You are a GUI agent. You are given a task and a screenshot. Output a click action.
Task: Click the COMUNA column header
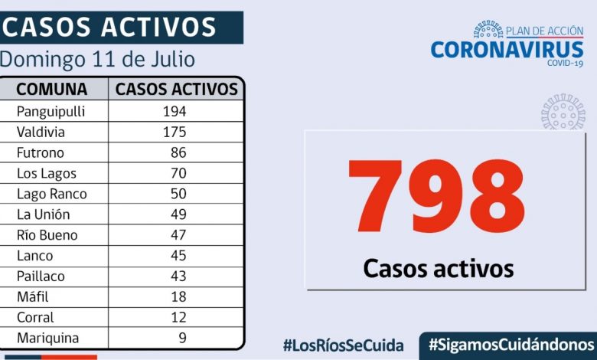(52, 89)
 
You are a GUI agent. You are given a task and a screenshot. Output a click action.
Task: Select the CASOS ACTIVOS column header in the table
(177, 89)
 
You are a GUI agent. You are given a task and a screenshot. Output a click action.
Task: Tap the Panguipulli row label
(51, 111)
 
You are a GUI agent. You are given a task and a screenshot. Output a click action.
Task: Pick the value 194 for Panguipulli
(174, 111)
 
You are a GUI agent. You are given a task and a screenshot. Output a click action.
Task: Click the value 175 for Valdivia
(174, 132)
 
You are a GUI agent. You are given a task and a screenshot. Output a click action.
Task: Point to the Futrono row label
(41, 152)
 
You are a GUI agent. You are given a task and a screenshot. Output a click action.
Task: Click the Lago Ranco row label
(51, 194)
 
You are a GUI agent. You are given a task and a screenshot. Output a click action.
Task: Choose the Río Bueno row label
(47, 235)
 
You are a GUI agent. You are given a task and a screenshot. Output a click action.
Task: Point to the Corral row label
(35, 317)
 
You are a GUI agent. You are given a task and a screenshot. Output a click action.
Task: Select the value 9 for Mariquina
(181, 338)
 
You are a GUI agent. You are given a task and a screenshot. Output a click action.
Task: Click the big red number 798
(436, 198)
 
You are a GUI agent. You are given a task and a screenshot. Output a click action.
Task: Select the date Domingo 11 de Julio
(97, 60)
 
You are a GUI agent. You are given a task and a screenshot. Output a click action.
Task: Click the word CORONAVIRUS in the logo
(507, 49)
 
